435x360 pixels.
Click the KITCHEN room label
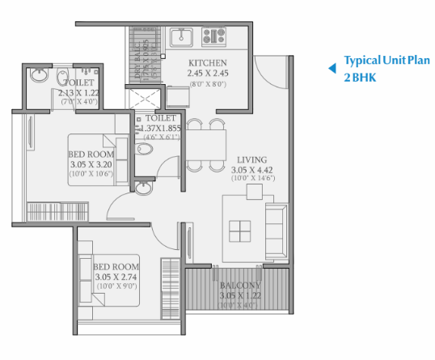(207, 63)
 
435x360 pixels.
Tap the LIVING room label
(251, 159)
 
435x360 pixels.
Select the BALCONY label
(240, 286)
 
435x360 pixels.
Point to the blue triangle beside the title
(331, 69)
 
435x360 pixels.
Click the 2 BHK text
(360, 78)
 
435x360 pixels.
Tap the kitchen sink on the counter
(180, 36)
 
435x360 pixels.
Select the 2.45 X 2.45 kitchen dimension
(207, 73)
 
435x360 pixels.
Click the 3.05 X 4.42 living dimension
(251, 170)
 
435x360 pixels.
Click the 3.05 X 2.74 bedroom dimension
(116, 277)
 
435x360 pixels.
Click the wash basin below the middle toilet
(143, 188)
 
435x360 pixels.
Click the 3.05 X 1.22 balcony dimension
(240, 296)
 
